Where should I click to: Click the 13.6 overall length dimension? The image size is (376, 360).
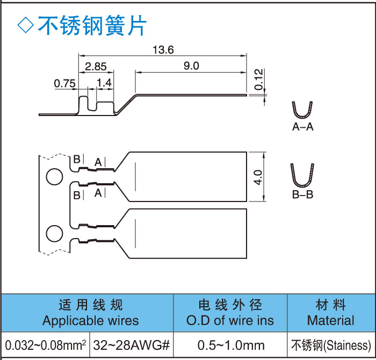point(163,50)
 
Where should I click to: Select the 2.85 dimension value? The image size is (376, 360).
point(96,67)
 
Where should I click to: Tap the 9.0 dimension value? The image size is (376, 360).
point(191,66)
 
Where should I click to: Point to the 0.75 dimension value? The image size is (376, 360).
point(64,83)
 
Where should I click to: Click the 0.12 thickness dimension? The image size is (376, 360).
point(259,79)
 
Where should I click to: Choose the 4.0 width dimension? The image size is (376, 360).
point(258,177)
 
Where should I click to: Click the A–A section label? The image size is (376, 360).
point(302,127)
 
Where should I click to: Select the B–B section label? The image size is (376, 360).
point(302,194)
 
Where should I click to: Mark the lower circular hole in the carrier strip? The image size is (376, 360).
point(54,233)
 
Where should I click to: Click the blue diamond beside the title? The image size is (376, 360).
point(25,25)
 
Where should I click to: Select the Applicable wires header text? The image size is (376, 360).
point(90,321)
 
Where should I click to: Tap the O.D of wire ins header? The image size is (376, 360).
point(230,321)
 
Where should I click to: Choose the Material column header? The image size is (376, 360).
point(330,321)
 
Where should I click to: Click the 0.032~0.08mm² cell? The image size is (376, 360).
point(46,345)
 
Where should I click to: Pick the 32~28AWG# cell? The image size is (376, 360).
point(132,345)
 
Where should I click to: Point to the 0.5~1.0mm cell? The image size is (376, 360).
point(231,345)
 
